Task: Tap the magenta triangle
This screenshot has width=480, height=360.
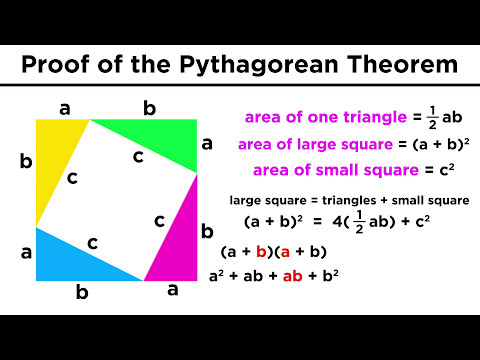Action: (x=178, y=240)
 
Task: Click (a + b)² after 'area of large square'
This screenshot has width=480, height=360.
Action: (x=429, y=144)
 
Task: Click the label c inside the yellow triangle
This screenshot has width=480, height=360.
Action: (x=71, y=177)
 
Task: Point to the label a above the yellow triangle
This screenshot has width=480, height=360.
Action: (x=64, y=108)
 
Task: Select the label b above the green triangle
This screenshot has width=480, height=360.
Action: (x=149, y=108)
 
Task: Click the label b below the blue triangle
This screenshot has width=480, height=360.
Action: (x=82, y=293)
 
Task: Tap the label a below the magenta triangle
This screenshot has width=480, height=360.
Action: (x=172, y=291)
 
